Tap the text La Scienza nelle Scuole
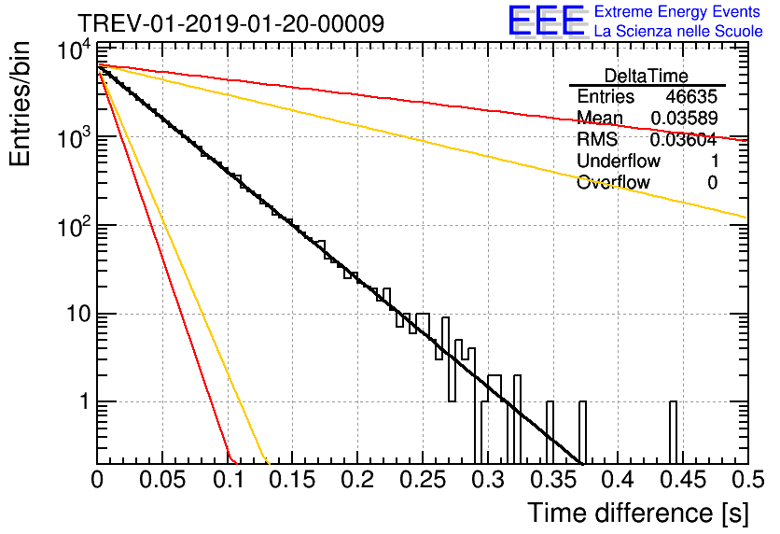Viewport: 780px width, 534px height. click(x=677, y=32)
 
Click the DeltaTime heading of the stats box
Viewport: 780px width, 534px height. click(x=647, y=76)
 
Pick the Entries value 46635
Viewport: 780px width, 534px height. click(x=691, y=97)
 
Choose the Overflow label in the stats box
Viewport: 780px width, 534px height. click(x=613, y=183)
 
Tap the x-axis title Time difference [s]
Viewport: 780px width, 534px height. click(x=637, y=513)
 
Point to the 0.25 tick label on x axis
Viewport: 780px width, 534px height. click(x=421, y=481)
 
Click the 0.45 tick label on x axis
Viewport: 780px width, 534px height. click(x=680, y=481)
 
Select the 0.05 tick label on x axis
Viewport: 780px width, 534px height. click(x=161, y=481)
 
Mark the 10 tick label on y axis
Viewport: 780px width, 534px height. click(x=74, y=314)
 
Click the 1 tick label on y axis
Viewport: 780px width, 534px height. click(x=82, y=402)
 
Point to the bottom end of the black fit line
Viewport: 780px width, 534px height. click(x=582, y=463)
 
